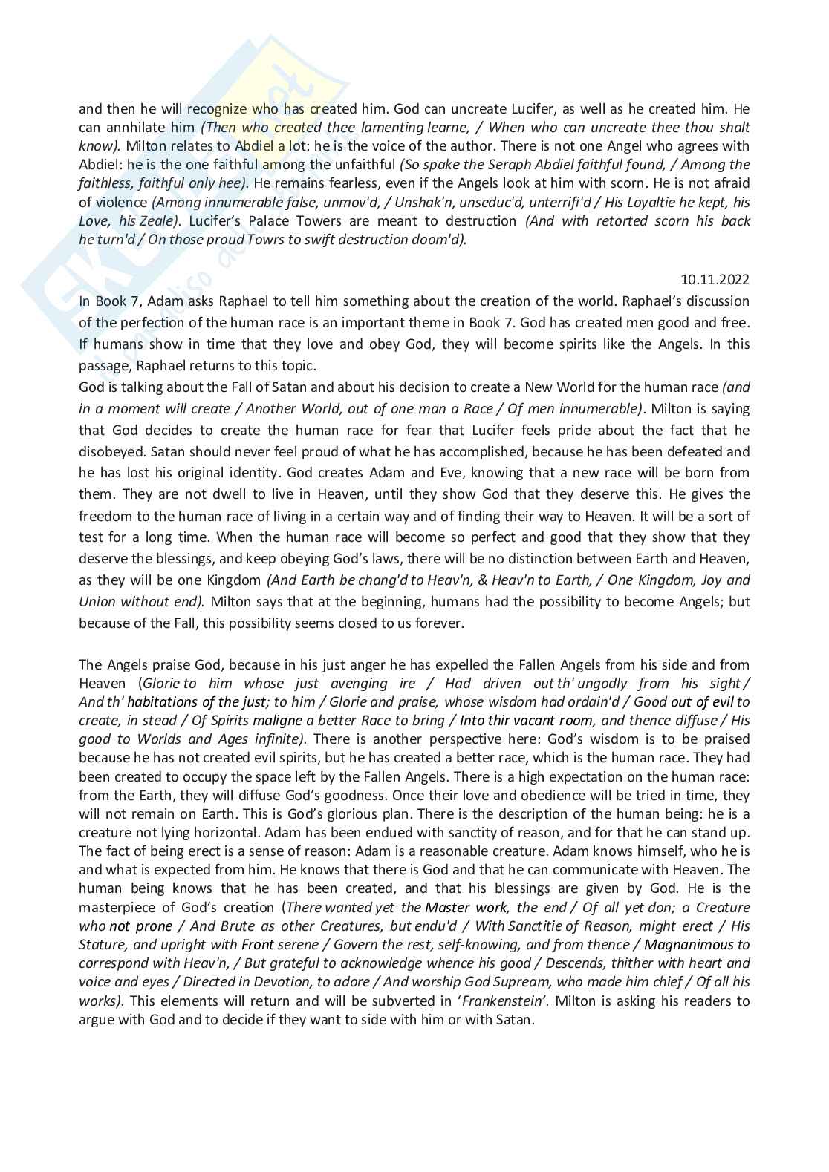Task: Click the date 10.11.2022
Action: click(x=715, y=279)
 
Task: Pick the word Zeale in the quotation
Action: click(x=158, y=220)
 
